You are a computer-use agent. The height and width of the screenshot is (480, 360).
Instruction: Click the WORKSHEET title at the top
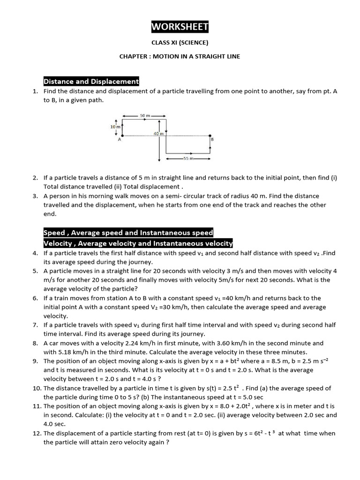click(x=180, y=27)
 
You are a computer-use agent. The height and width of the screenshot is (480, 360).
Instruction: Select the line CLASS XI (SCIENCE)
click(x=180, y=43)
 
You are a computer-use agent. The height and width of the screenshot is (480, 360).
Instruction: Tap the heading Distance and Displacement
click(x=91, y=82)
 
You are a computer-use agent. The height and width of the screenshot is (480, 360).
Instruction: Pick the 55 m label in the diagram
click(x=188, y=158)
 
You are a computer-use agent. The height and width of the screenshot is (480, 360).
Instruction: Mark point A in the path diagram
click(x=120, y=139)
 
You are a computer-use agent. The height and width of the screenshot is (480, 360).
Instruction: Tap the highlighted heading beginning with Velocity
click(x=138, y=243)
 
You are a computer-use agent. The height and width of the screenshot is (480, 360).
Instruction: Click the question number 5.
click(x=35, y=271)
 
